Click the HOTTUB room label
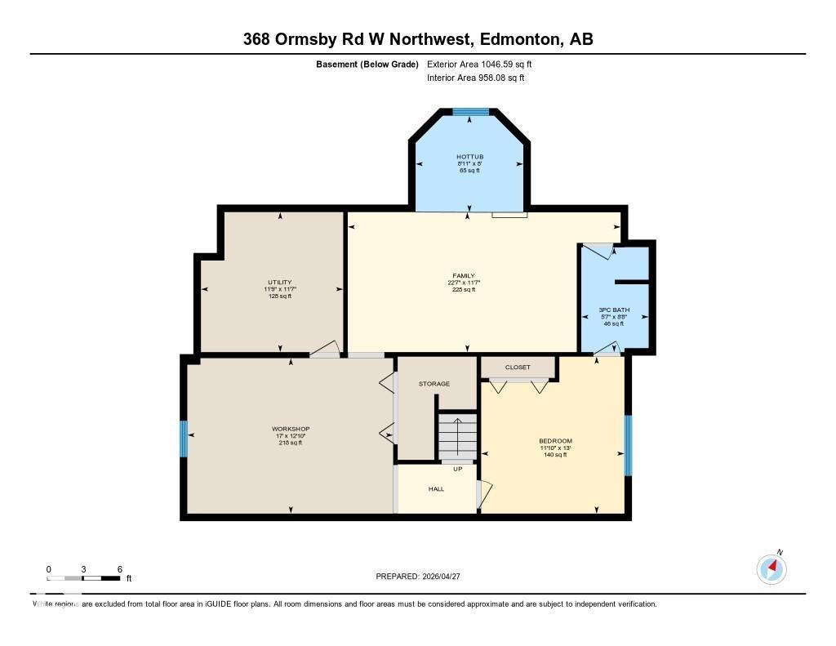[x=469, y=156]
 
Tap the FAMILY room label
[x=464, y=276]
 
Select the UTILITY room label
[x=279, y=283]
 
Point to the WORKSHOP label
[x=291, y=429]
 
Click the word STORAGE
[x=434, y=384]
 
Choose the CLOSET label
[x=518, y=368]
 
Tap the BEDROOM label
[x=555, y=441]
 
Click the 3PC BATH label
[x=613, y=310]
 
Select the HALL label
[x=436, y=489]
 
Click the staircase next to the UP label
[x=457, y=438]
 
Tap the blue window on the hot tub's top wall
[x=470, y=112]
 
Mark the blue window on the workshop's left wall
[x=184, y=439]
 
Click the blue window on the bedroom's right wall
[x=628, y=445]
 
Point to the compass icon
[x=772, y=568]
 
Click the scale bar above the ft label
[x=84, y=578]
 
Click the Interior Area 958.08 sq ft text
[x=475, y=78]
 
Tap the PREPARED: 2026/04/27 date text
[x=424, y=576]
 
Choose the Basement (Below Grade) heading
[x=367, y=64]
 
